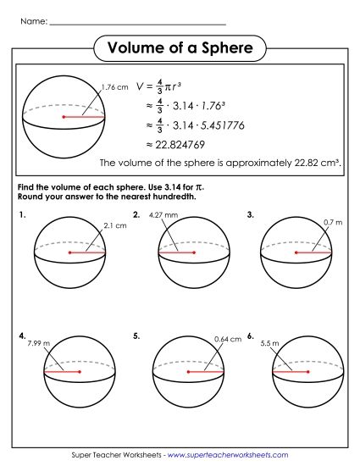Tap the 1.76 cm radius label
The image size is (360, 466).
tap(114, 87)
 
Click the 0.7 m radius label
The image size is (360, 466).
tap(333, 222)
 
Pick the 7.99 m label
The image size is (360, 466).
tap(40, 343)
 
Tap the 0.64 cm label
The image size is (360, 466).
tap(229, 340)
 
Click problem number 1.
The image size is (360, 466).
tap(20, 215)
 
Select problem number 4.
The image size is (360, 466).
tap(20, 336)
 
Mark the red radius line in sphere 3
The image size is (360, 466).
tap(313, 252)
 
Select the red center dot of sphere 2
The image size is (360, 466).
tap(194, 252)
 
